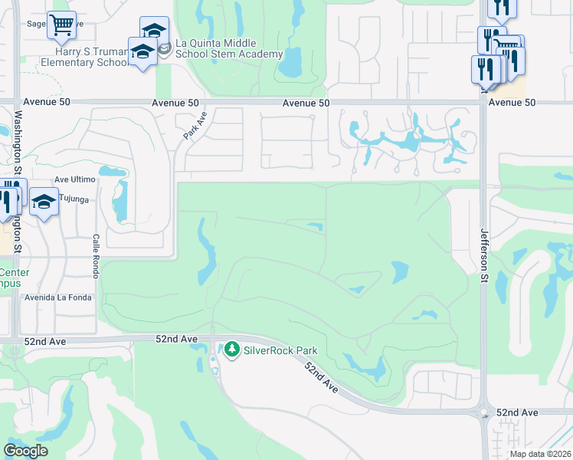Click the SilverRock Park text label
[x=280, y=350]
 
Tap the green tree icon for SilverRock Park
[x=232, y=350]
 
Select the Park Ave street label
[x=195, y=125]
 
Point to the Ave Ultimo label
[x=74, y=179]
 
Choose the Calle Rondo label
[x=97, y=251]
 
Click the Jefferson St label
[x=484, y=253]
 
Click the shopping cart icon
[x=61, y=24]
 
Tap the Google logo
[x=25, y=451]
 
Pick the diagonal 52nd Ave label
[x=321, y=377]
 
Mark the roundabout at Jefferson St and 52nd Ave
[x=484, y=412]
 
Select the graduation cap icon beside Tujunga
[x=44, y=202]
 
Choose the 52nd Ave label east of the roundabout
[x=517, y=412]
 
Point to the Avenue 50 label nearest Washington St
[x=47, y=101]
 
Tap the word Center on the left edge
[x=14, y=273]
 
